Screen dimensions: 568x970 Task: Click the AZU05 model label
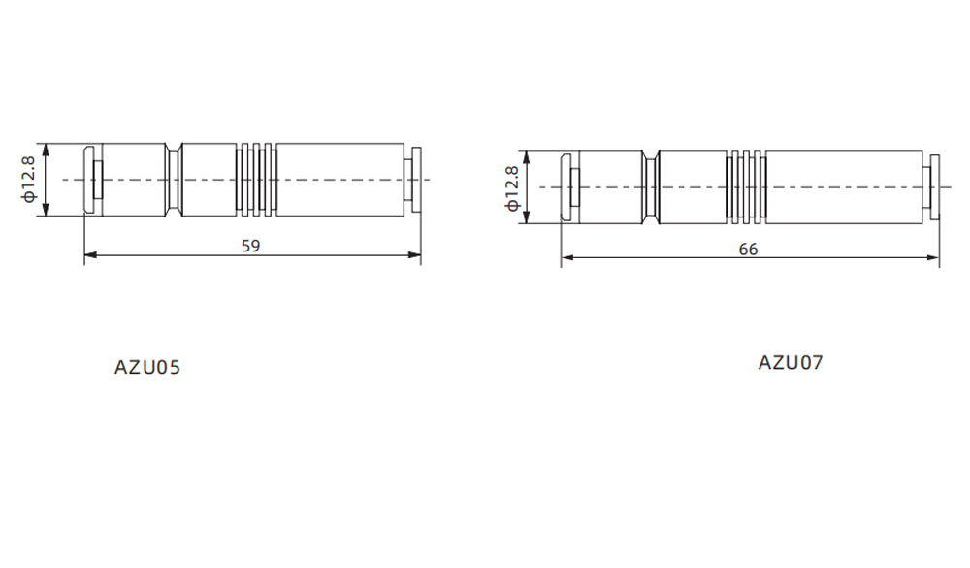click(x=147, y=368)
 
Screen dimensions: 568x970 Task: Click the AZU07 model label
click(x=790, y=363)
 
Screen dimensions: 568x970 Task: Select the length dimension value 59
click(x=250, y=247)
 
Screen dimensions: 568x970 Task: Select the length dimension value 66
click(x=748, y=249)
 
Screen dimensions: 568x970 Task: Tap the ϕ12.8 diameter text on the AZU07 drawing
click(x=511, y=187)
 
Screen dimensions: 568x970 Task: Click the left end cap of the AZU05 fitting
click(x=92, y=180)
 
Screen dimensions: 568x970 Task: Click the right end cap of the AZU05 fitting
click(x=414, y=180)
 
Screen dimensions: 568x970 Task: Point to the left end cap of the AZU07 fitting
click(x=570, y=187)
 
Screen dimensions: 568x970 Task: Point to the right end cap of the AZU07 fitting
click(x=933, y=187)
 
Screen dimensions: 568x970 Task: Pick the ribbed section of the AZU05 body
click(x=256, y=180)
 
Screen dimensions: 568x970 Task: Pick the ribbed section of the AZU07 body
click(x=747, y=187)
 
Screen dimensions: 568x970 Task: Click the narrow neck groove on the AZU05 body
click(x=174, y=180)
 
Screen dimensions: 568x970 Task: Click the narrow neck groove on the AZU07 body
click(x=650, y=187)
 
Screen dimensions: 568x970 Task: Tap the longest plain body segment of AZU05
click(x=339, y=180)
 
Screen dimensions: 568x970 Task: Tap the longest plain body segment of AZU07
click(x=843, y=187)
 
